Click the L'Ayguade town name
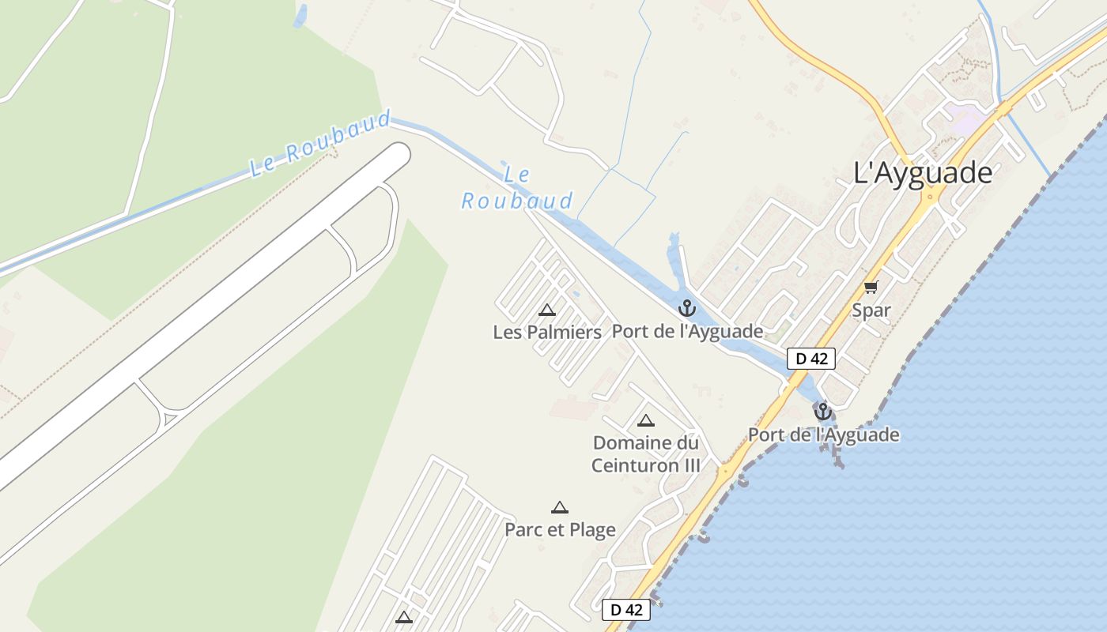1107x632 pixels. (x=923, y=172)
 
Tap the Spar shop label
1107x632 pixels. (x=871, y=310)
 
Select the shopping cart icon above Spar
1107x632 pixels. (x=871, y=288)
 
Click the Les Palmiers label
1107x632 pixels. (x=547, y=332)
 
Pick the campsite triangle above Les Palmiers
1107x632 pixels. (x=546, y=310)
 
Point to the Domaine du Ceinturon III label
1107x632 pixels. (x=646, y=453)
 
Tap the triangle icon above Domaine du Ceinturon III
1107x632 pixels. (x=646, y=420)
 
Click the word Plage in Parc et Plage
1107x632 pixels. (x=588, y=529)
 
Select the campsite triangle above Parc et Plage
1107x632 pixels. (x=560, y=507)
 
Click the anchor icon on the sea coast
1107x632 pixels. (x=823, y=412)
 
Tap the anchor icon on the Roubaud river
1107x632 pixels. (x=686, y=308)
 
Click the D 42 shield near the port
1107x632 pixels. (x=811, y=359)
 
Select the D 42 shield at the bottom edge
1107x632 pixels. (x=626, y=610)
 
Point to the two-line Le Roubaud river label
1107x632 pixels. (x=517, y=188)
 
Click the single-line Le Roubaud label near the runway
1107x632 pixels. (x=320, y=145)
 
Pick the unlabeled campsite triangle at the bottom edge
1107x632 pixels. (x=404, y=617)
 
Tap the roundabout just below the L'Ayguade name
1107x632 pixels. (x=931, y=197)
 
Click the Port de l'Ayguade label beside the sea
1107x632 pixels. (x=823, y=434)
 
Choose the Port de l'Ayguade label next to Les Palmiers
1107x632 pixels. (x=687, y=332)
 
